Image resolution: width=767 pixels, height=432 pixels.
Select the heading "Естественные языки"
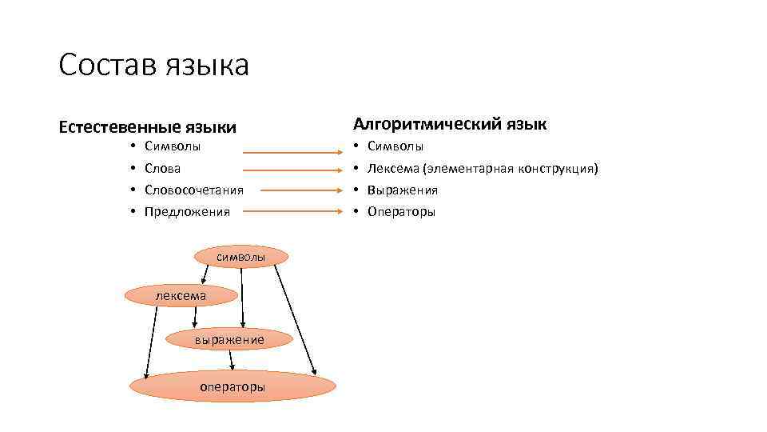(148, 127)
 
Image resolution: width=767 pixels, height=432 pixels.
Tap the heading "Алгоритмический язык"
(451, 124)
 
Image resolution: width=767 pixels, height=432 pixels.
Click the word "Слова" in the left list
(162, 169)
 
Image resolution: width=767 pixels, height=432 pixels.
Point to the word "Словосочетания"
(194, 190)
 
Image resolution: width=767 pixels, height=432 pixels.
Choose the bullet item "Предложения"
(187, 212)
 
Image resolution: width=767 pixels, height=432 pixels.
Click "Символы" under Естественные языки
(173, 147)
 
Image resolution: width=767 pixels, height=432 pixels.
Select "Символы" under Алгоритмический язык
(395, 147)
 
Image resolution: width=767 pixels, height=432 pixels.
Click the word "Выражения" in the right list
(403, 190)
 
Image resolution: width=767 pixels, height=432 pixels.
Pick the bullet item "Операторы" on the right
(401, 212)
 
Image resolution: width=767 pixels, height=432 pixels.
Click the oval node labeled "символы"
(240, 256)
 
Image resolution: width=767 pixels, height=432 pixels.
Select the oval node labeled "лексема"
(181, 295)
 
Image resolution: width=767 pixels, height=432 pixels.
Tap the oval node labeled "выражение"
(229, 340)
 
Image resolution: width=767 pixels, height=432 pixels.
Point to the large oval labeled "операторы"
(232, 386)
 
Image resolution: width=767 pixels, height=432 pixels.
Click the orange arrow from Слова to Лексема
(292, 169)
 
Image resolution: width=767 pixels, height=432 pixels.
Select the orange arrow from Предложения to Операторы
(292, 212)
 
